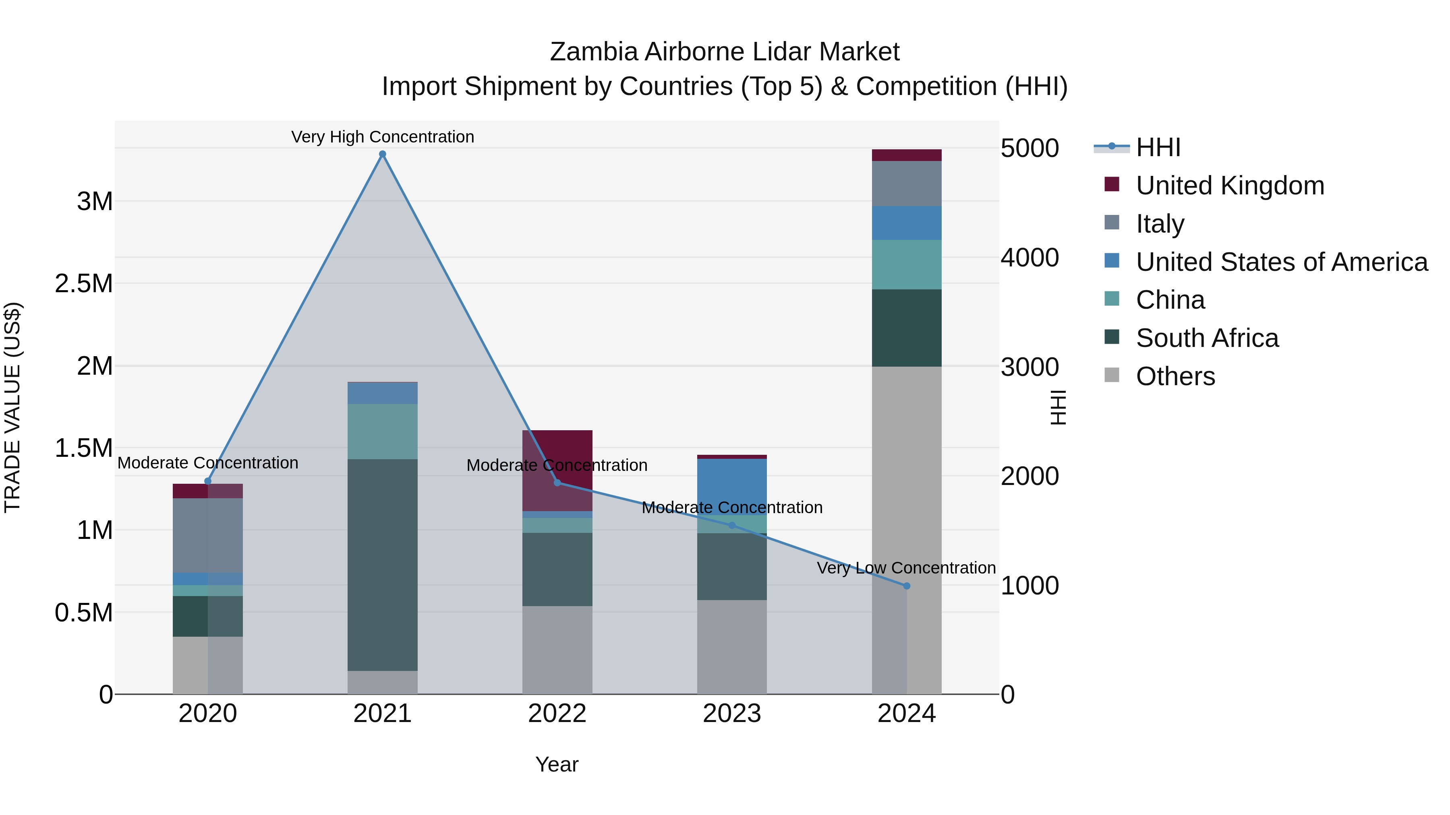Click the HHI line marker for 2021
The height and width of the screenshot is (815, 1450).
pyautogui.click(x=382, y=154)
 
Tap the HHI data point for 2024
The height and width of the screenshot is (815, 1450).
pyautogui.click(x=906, y=586)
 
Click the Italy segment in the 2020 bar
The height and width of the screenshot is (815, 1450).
pyautogui.click(x=208, y=535)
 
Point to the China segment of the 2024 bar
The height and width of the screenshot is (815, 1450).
pyautogui.click(x=906, y=264)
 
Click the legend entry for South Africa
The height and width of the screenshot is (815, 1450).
pyautogui.click(x=1206, y=338)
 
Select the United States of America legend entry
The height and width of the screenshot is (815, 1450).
pyautogui.click(x=1281, y=262)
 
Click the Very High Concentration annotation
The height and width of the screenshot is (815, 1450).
pyautogui.click(x=382, y=137)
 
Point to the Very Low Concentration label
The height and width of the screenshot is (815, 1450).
pyautogui.click(x=906, y=567)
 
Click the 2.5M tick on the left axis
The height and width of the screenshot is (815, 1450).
pyautogui.click(x=84, y=283)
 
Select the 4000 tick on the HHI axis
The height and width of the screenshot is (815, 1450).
pyautogui.click(x=1029, y=258)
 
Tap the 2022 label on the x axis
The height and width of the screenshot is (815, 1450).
pyautogui.click(x=557, y=714)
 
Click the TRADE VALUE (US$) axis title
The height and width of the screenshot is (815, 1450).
pyautogui.click(x=12, y=407)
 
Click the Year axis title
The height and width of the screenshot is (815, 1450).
pyautogui.click(x=557, y=764)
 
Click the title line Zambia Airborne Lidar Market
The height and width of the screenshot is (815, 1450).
pyautogui.click(x=725, y=52)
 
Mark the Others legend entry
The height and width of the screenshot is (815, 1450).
pyautogui.click(x=1175, y=376)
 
